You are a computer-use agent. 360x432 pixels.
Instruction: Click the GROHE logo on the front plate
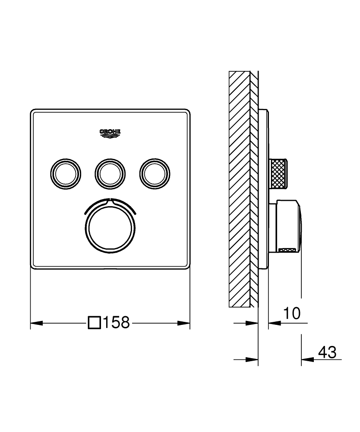[x=110, y=133]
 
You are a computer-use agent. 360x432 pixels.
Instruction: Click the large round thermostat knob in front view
[x=110, y=226]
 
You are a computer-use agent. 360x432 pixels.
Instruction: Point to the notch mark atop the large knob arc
[x=110, y=200]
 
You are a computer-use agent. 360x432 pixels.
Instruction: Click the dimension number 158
[x=116, y=323]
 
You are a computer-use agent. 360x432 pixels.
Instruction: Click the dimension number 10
[x=292, y=313]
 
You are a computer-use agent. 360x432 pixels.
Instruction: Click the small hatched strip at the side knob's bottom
[x=287, y=249]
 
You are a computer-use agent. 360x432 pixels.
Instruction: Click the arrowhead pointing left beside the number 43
[x=307, y=359]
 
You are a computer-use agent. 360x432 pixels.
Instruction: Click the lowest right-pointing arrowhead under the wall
[x=252, y=359]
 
